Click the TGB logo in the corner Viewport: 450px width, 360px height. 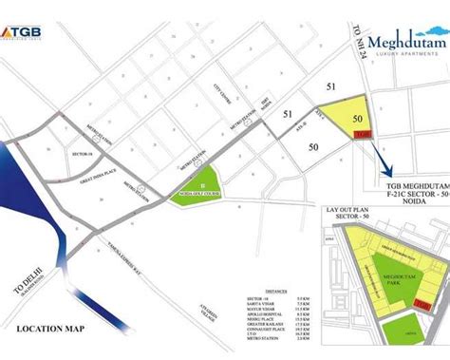point(28,12)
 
